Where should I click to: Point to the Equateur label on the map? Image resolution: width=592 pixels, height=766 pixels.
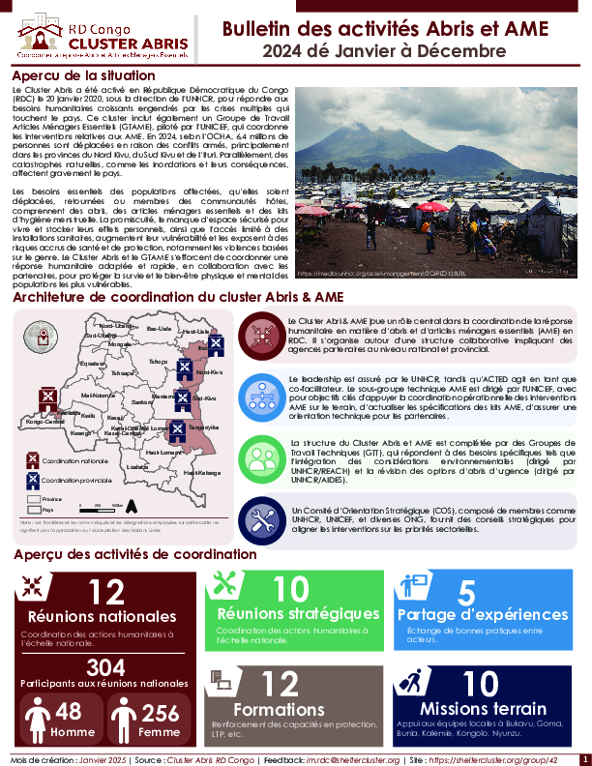point(93,364)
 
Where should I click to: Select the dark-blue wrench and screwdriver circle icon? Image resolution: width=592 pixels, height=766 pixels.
point(261,516)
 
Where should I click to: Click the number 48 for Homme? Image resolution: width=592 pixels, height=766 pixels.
point(68,712)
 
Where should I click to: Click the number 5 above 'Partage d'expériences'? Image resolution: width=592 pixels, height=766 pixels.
point(466,593)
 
